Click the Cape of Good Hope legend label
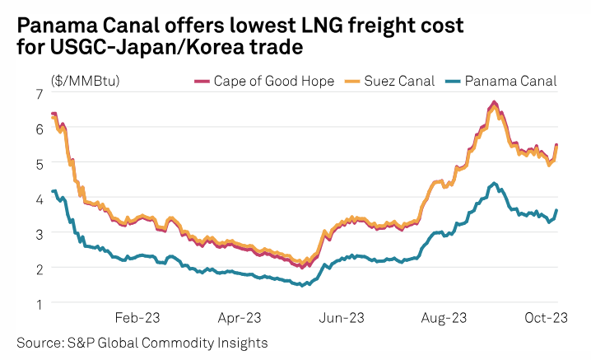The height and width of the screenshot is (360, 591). tap(263, 81)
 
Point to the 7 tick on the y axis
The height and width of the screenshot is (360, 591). tap(38, 94)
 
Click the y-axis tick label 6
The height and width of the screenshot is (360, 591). tap(38, 129)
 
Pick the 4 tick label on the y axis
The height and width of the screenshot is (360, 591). tap(38, 199)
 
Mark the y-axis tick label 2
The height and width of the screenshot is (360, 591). tap(38, 269)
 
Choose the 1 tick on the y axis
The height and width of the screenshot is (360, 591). tap(38, 303)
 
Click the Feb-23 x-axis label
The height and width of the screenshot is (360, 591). tap(137, 316)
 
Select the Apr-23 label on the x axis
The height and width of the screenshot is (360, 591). tap(240, 316)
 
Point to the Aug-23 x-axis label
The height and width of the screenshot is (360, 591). tap(444, 316)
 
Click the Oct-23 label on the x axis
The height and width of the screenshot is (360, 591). tap(544, 316)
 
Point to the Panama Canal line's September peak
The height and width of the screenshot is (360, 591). tap(493, 183)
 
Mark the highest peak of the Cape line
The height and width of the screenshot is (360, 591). tap(494, 102)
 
